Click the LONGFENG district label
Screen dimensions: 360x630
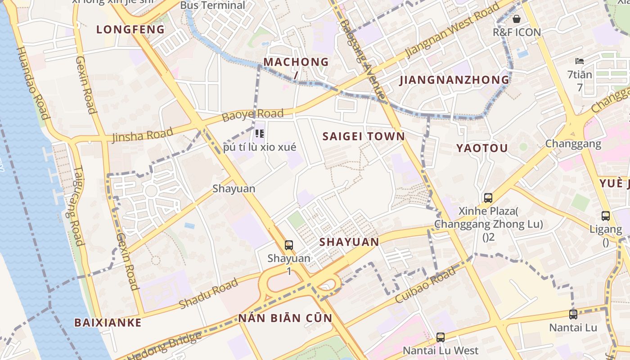(130, 30)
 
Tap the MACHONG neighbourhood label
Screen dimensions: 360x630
(296, 62)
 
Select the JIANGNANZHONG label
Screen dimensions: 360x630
(454, 80)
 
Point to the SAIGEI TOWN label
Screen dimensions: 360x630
(364, 136)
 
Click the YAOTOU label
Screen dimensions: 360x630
(482, 148)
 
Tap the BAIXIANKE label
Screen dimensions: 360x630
(108, 322)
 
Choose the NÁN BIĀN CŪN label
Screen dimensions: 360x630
(285, 318)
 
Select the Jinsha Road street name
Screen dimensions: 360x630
(143, 135)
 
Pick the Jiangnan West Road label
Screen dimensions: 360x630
(452, 31)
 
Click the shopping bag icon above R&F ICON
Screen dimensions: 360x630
(516, 19)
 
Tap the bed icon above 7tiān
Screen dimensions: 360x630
(579, 61)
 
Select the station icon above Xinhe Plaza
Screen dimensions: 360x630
(488, 198)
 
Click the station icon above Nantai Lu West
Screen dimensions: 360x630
(440, 337)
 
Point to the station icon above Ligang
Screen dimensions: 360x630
(605, 216)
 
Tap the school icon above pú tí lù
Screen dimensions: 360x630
(259, 133)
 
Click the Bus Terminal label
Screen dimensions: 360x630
(212, 5)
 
